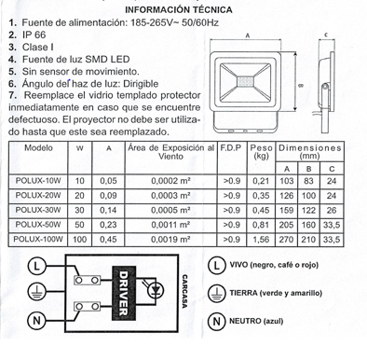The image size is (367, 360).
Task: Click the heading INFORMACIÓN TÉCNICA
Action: [179, 10]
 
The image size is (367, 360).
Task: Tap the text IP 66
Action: [34, 35]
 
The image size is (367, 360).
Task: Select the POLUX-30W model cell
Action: [38, 210]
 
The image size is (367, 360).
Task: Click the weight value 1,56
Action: [261, 240]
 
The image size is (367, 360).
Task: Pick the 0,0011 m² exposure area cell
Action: [170, 225]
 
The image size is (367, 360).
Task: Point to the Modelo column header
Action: [38, 148]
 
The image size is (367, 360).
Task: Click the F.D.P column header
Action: [231, 148]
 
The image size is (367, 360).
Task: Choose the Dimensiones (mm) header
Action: [310, 151]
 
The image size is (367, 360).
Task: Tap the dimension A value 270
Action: [286, 240]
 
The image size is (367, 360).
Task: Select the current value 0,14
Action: [108, 210]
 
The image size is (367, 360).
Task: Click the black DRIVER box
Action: [124, 293]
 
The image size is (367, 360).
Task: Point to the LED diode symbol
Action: [156, 290]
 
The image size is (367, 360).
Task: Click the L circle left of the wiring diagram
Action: [36, 266]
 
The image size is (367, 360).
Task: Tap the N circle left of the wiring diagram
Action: [36, 320]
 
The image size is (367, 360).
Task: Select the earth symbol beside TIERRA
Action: [217, 294]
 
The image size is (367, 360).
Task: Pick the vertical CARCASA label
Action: [184, 292]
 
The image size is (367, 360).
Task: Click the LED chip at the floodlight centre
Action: [245, 82]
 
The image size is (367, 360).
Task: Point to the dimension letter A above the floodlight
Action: [248, 36]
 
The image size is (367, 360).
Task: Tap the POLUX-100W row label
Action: [38, 239]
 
